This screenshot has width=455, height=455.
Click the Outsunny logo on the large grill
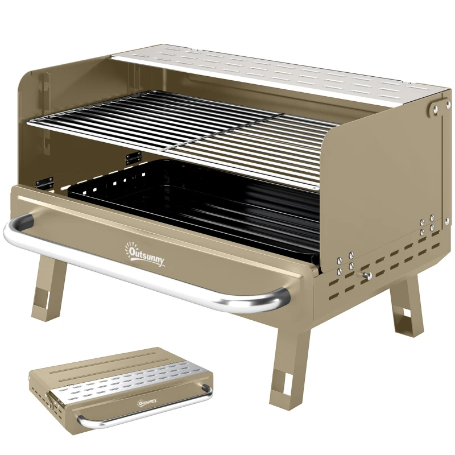point(146,254)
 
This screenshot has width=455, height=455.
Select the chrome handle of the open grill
point(142,273)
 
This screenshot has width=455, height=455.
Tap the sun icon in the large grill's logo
point(129,246)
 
